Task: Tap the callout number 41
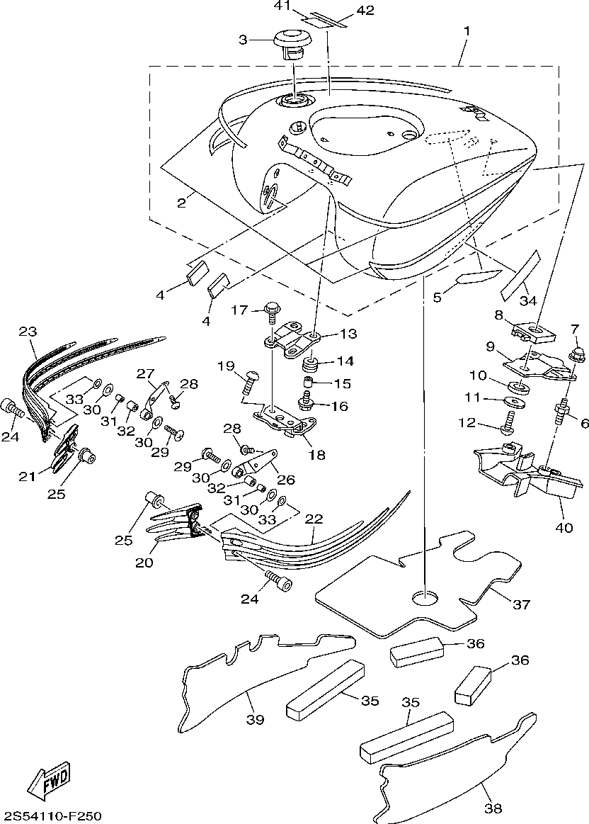[284, 6]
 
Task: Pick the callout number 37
[521, 604]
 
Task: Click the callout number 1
[467, 31]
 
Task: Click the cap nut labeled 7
[576, 351]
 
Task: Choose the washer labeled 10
[517, 386]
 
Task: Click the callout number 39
[255, 719]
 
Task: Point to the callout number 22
[313, 519]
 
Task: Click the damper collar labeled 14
[309, 366]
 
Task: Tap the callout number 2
[181, 203]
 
